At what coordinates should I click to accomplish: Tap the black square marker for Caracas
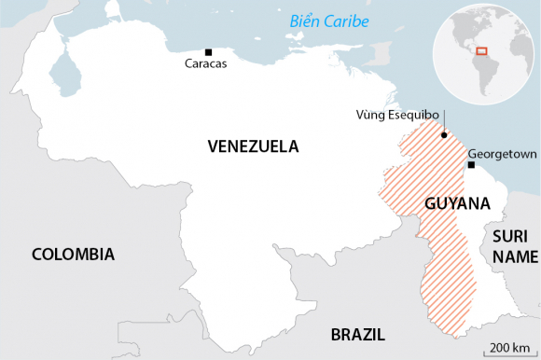point(208,52)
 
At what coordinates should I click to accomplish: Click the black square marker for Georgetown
point(472,165)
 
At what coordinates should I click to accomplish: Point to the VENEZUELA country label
point(253,146)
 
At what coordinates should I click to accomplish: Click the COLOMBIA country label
point(73,255)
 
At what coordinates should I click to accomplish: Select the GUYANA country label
point(457,203)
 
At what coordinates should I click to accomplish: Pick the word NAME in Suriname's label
point(515,256)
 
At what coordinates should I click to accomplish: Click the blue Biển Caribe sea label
point(328,21)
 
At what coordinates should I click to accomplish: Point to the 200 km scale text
point(507,348)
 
